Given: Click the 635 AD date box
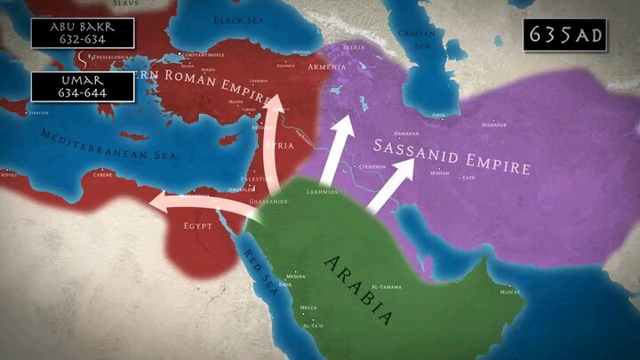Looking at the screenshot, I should (x=564, y=35).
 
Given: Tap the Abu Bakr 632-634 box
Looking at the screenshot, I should (x=82, y=33).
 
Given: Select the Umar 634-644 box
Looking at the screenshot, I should (x=82, y=86).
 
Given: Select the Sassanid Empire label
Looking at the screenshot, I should (x=452, y=156).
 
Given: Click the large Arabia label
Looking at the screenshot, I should (x=359, y=288).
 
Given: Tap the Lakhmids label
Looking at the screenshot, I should (x=322, y=191).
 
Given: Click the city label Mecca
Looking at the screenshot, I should (x=308, y=308).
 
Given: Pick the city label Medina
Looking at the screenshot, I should (x=296, y=276).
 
